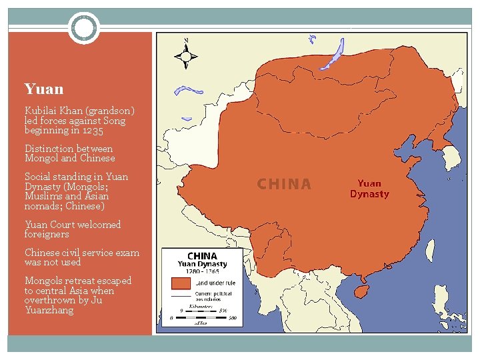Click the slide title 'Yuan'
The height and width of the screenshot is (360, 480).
click(44, 89)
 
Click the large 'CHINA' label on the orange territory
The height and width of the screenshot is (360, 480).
click(284, 184)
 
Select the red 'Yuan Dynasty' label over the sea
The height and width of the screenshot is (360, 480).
click(369, 189)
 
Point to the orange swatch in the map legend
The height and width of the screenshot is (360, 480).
click(181, 283)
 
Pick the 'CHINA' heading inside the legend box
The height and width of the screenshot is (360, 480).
click(202, 256)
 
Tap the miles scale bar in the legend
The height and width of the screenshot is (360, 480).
click(203, 318)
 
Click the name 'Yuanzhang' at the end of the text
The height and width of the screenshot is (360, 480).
click(49, 310)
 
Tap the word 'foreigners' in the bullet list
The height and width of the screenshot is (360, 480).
click(47, 234)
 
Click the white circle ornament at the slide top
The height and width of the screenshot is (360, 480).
click(84, 29)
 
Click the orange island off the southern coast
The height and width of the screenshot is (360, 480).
click(361, 291)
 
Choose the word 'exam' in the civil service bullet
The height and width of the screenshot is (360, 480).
click(127, 253)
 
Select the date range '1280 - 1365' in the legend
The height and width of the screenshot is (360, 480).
click(202, 272)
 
